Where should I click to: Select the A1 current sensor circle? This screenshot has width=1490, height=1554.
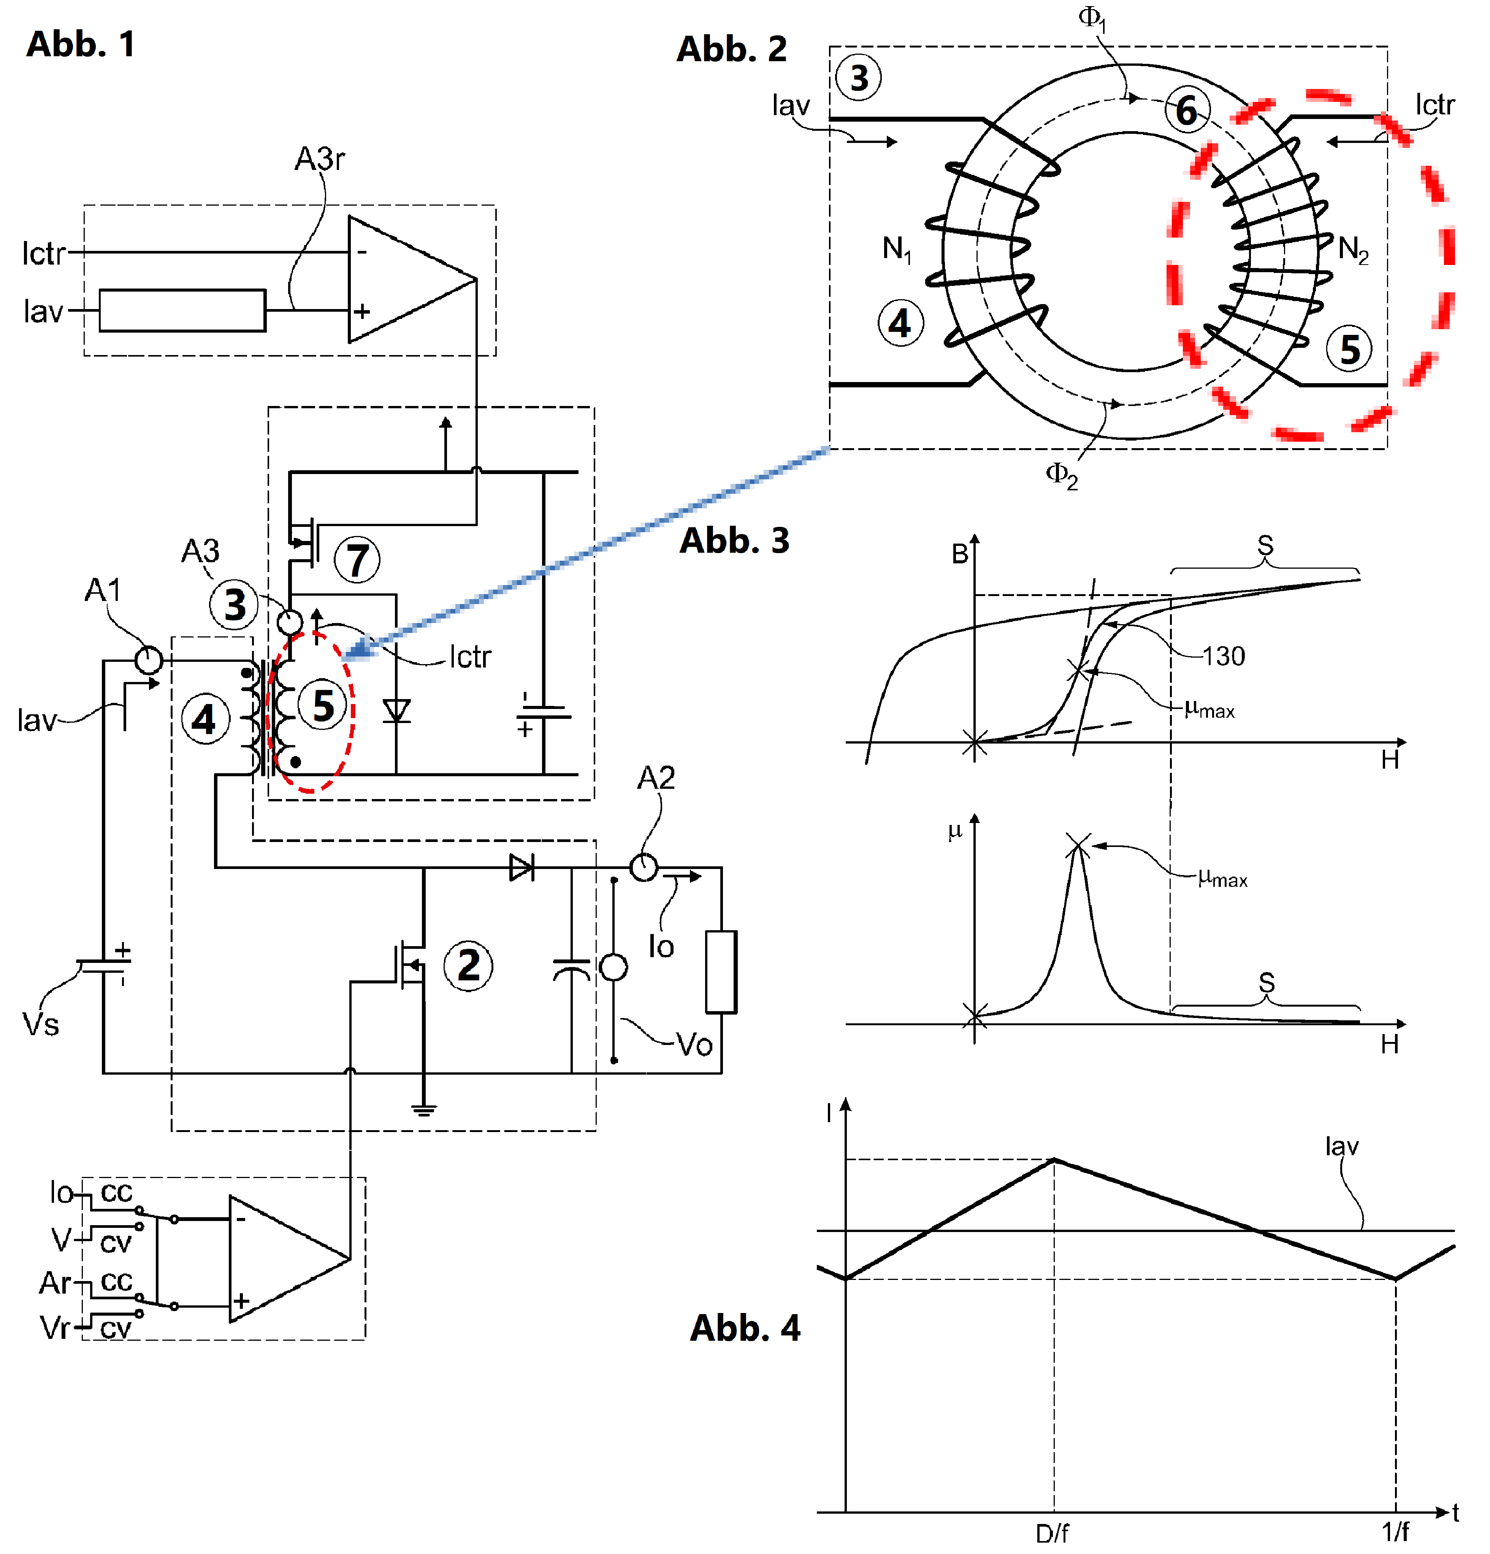click(x=148, y=660)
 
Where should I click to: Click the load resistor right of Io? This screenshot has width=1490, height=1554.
click(x=721, y=971)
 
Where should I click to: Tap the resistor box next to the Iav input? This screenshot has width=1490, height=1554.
click(x=182, y=310)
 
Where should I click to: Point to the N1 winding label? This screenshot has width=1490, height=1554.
click(x=897, y=249)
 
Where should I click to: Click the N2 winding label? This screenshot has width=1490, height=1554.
click(x=1353, y=249)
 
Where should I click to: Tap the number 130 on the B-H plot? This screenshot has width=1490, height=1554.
click(x=1224, y=656)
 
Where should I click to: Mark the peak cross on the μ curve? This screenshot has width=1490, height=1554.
click(x=1078, y=844)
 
